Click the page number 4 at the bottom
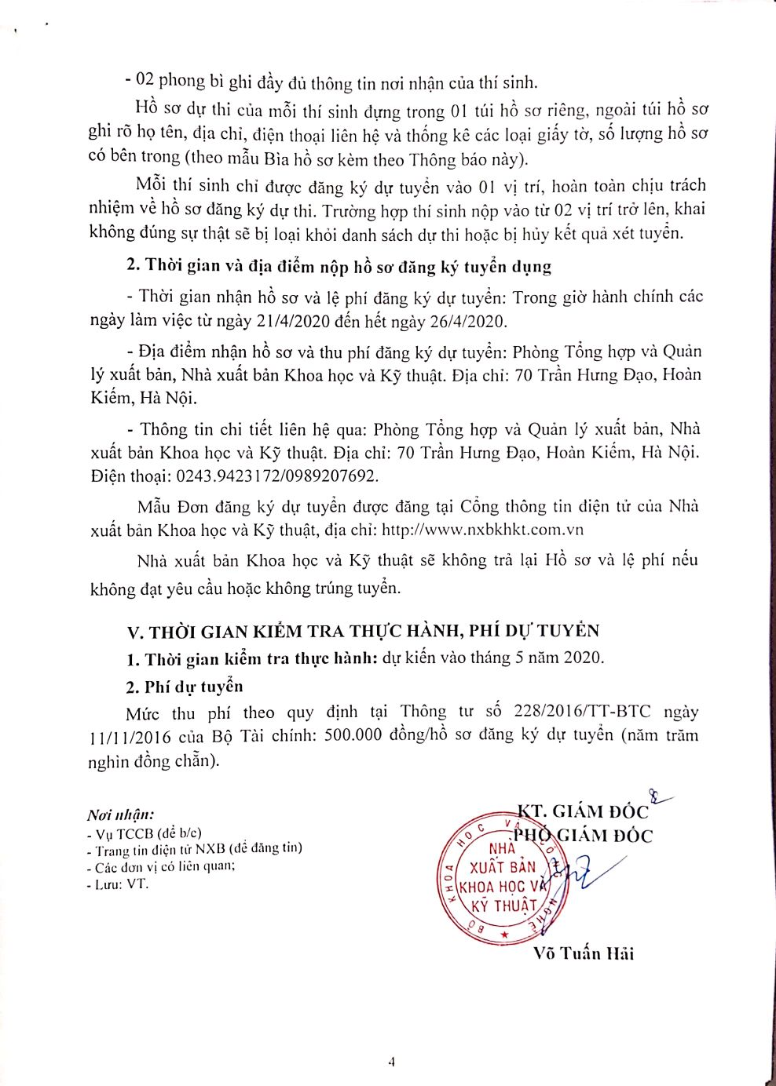[x=390, y=1062]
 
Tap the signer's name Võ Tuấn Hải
[x=583, y=953]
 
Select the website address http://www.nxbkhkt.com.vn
[x=482, y=530]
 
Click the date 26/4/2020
[x=466, y=321]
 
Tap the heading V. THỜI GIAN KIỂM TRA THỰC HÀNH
[x=364, y=631]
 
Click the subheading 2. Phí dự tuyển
[x=185, y=687]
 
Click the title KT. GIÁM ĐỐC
[x=583, y=811]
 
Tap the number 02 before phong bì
[x=145, y=82]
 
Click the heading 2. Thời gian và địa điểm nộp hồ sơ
[x=339, y=266]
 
